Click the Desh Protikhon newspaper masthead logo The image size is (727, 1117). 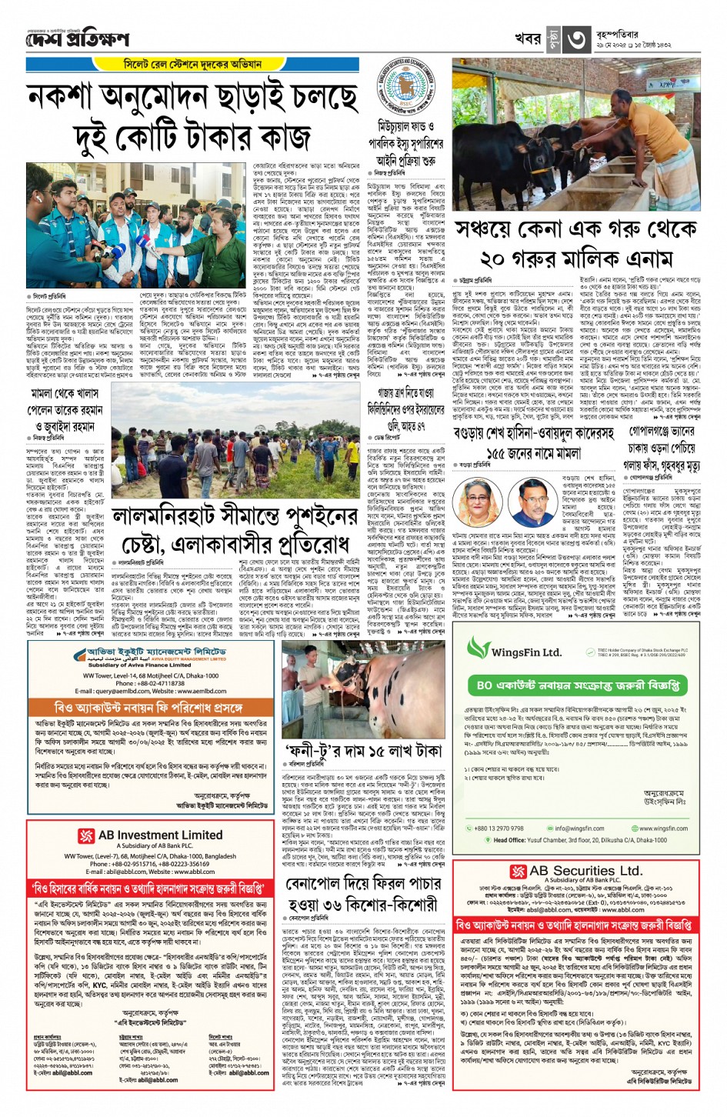pyautogui.click(x=78, y=38)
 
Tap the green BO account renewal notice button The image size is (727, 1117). pyautogui.click(x=577, y=684)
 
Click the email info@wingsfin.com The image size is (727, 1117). pyautogui.click(x=579, y=829)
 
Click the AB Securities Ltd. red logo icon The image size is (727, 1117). pyautogui.click(x=518, y=871)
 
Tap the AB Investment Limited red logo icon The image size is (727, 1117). pyautogui.click(x=86, y=835)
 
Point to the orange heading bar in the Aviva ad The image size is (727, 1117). pyautogui.click(x=148, y=707)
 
